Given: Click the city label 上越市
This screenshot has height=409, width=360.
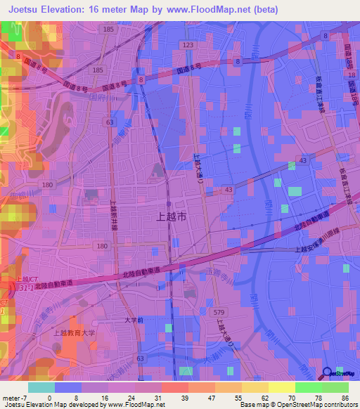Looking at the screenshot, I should pyautogui.click(x=170, y=218).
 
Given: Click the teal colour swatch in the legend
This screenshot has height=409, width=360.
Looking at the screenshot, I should pyautogui.click(x=41, y=387).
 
